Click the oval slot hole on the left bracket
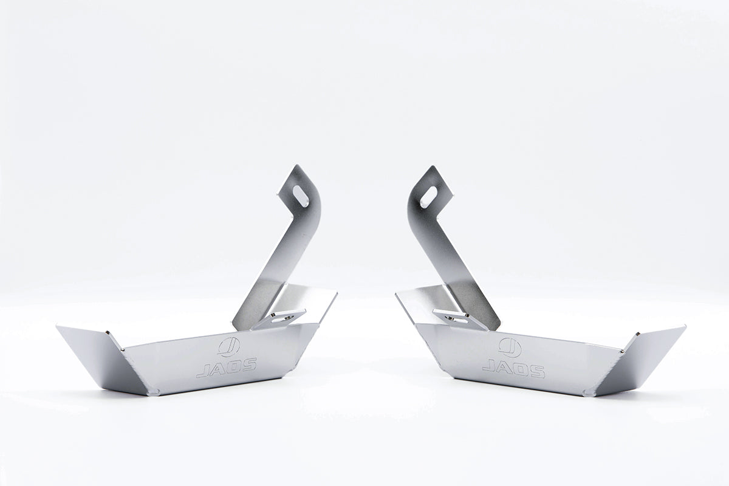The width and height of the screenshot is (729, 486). [x=302, y=196]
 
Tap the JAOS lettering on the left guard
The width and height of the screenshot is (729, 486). [x=226, y=368]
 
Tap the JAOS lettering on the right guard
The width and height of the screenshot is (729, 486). [x=513, y=368]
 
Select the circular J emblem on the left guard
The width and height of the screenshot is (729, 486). [x=228, y=346]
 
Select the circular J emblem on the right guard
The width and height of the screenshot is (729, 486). [x=510, y=346]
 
